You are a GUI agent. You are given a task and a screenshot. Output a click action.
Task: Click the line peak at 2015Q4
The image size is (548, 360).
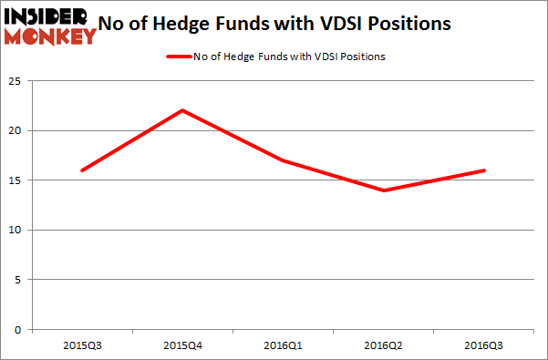(x=183, y=110)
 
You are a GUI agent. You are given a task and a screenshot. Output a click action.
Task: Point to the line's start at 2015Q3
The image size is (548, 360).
(x=82, y=170)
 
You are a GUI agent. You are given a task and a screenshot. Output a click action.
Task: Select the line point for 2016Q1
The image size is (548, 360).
(x=284, y=160)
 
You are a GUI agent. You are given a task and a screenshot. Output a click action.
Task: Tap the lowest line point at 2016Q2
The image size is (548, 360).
(x=384, y=190)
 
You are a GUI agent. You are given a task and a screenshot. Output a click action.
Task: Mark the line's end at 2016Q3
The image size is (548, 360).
(x=484, y=170)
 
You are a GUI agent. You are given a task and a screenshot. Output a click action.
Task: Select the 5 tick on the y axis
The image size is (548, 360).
(x=18, y=280)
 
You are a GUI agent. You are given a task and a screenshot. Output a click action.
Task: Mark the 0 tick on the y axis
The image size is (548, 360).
(x=18, y=329)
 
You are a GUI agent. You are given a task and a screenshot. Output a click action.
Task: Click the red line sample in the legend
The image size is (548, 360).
(x=180, y=57)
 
